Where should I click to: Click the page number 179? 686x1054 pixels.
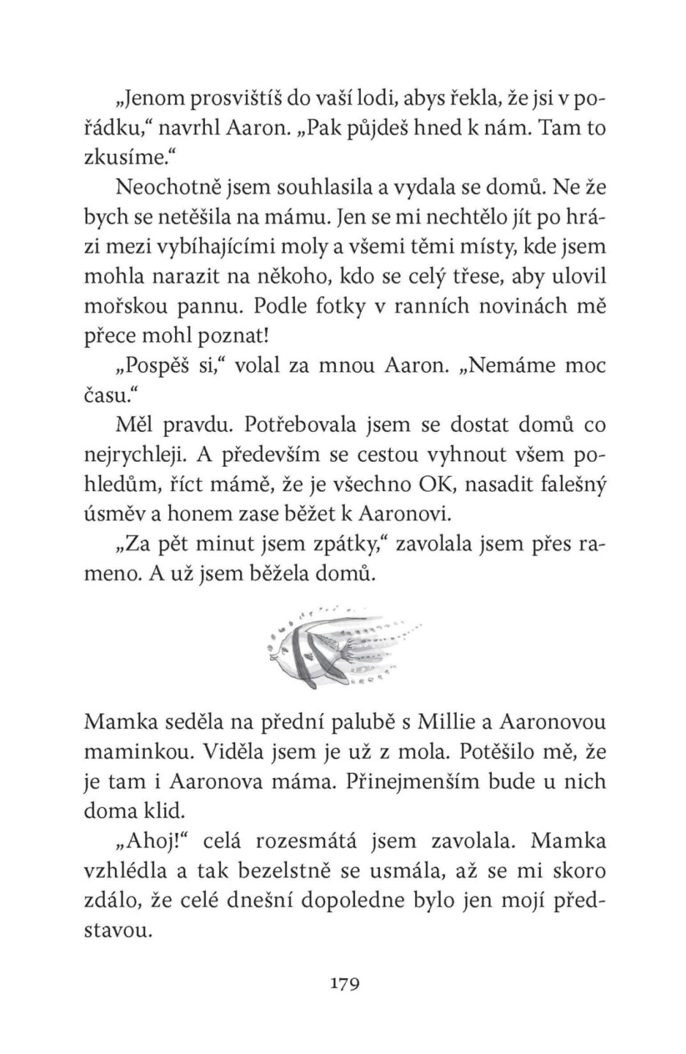click(344, 983)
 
